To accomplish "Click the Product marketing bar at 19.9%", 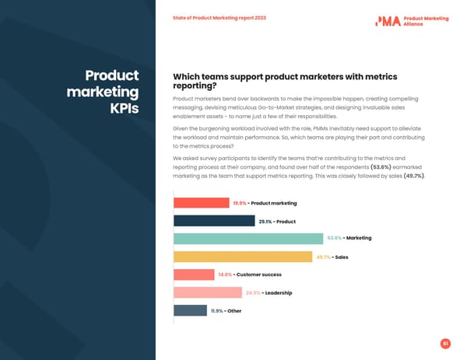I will tap(201, 203).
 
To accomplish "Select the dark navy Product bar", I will tap(214, 221).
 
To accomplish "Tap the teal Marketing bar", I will tap(248, 239).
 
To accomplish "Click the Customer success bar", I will tap(193, 274).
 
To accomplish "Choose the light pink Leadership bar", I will tap(207, 292).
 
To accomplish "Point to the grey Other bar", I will tap(190, 310).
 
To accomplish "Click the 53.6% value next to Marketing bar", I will tap(334, 239).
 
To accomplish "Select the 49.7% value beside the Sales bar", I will tap(323, 257).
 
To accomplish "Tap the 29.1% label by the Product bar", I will tap(265, 221).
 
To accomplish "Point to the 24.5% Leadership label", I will tap(253, 292).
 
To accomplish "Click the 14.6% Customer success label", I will tap(225, 274).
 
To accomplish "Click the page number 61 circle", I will tap(445, 343).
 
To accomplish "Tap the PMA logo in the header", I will tap(388, 21).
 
